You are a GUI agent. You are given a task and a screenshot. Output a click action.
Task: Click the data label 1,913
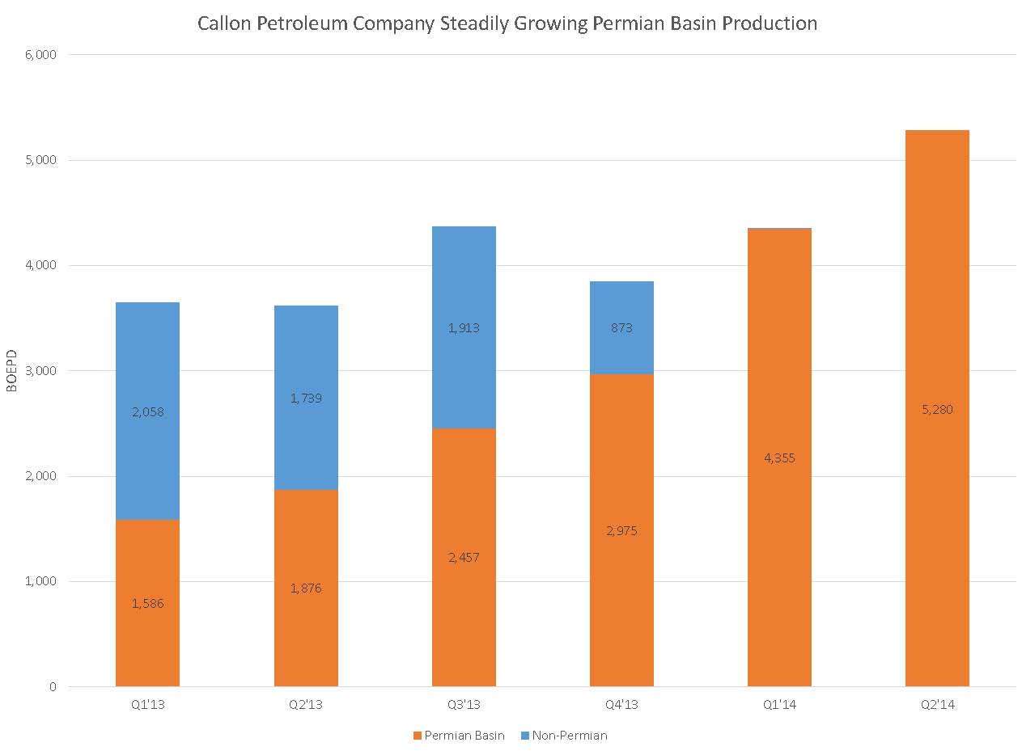point(464,328)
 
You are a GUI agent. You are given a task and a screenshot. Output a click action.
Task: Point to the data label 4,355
point(779,458)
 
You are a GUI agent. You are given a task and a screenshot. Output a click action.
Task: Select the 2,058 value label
point(147,412)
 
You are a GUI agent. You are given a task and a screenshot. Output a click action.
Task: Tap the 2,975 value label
point(621,531)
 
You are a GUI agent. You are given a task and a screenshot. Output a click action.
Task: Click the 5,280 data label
point(937,410)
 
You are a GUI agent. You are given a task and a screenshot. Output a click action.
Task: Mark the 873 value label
point(621,328)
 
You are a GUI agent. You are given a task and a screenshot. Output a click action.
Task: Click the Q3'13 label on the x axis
point(464,705)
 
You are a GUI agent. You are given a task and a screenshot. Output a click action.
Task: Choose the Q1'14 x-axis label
point(779,705)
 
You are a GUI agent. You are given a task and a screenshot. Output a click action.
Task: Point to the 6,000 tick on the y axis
point(40,55)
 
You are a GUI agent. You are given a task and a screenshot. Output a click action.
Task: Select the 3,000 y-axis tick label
point(40,371)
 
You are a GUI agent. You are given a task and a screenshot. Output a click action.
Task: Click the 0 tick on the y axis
point(53,687)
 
